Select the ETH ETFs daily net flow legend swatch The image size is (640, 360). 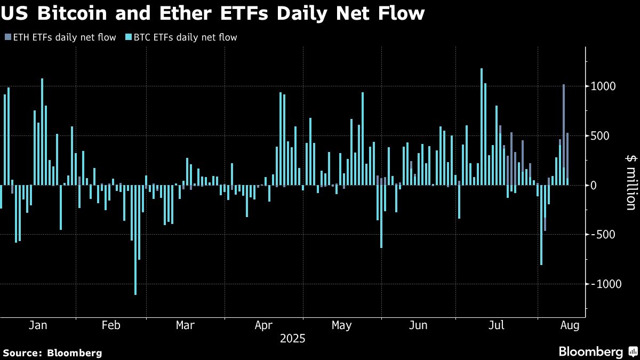(7, 37)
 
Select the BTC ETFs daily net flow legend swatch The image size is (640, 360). (128, 37)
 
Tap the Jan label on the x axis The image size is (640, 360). (37, 325)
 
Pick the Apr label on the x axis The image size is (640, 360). (264, 325)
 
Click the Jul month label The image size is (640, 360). (497, 325)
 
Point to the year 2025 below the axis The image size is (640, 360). (292, 338)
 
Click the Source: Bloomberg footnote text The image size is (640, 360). (52, 353)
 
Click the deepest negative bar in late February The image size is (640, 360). (135, 240)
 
